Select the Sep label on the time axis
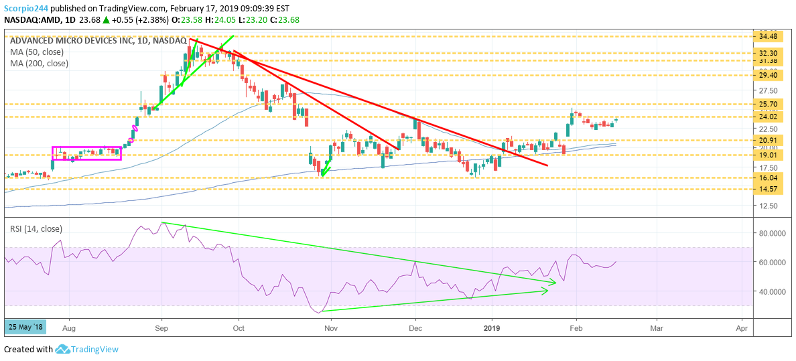[161, 328]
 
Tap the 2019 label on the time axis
[492, 328]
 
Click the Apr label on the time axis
[741, 328]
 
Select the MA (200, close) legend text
[40, 64]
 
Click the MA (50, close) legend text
[38, 52]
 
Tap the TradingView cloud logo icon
[62, 349]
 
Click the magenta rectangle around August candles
[86, 153]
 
